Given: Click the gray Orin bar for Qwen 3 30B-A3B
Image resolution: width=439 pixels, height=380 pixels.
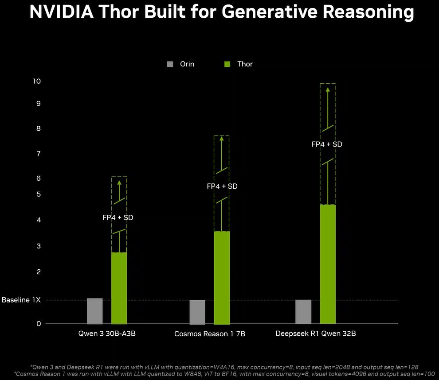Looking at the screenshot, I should [x=94, y=311].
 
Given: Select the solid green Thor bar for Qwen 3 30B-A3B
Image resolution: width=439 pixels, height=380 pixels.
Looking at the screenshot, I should [x=119, y=288].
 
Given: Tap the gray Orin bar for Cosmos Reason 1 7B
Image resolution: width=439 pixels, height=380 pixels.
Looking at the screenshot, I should [x=197, y=312].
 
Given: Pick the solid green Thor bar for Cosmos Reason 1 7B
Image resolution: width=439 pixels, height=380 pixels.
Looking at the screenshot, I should [x=222, y=278].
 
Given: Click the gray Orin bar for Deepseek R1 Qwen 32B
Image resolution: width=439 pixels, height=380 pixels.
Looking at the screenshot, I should [x=303, y=312].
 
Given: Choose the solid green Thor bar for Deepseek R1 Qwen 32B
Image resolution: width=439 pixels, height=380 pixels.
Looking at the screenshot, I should [x=328, y=264].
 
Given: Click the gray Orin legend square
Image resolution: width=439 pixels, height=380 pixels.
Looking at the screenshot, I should [x=170, y=64].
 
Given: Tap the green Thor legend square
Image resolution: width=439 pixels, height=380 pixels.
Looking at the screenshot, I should [x=227, y=64].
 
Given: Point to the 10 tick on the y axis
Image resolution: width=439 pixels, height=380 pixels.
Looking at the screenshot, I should [x=36, y=81].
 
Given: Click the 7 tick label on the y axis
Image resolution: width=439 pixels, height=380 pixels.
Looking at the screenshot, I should [x=38, y=154].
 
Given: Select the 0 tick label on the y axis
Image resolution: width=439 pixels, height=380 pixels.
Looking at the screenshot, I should [x=39, y=324].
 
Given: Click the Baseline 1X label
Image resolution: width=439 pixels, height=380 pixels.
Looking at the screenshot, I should [x=21, y=300].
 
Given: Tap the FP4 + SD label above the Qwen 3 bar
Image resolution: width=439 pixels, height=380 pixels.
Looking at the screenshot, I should [x=118, y=217].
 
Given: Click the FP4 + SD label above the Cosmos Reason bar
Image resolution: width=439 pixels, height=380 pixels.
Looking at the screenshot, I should [x=222, y=186].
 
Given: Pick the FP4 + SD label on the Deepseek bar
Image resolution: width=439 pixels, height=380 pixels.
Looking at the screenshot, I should [x=327, y=144].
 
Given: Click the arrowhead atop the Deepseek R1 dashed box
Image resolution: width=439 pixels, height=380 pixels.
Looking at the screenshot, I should [x=328, y=89].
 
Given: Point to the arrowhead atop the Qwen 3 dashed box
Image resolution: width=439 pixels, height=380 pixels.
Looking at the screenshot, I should [x=119, y=182].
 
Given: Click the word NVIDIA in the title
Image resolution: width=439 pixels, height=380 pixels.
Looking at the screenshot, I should [x=61, y=12].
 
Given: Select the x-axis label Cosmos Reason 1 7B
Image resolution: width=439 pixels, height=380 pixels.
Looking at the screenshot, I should [x=210, y=333].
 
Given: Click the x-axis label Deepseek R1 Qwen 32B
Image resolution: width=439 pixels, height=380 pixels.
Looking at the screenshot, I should [x=315, y=333].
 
